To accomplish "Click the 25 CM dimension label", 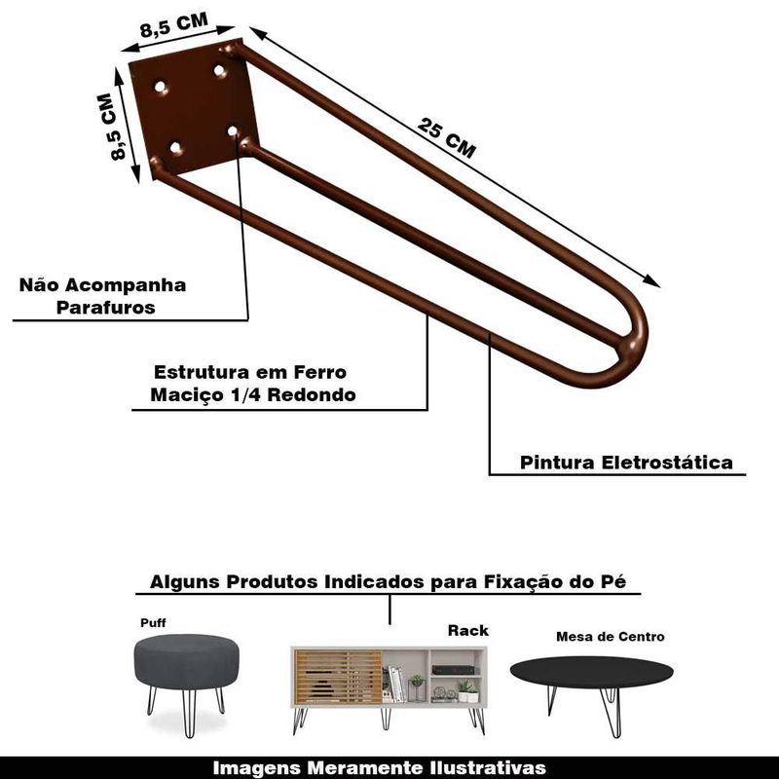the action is tap(446, 138).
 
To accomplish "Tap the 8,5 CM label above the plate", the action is tap(174, 25).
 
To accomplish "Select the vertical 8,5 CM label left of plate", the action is tap(111, 127).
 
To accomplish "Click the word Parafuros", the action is tap(105, 307).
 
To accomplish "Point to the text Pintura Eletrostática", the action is tap(626, 462).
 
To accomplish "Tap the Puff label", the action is tap(153, 622).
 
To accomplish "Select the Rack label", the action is tap(468, 630).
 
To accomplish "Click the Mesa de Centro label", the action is tap(611, 637).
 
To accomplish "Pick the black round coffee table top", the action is tap(592, 672).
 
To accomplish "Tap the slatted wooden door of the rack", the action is tap(338, 676).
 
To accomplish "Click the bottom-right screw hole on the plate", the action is tap(233, 131).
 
